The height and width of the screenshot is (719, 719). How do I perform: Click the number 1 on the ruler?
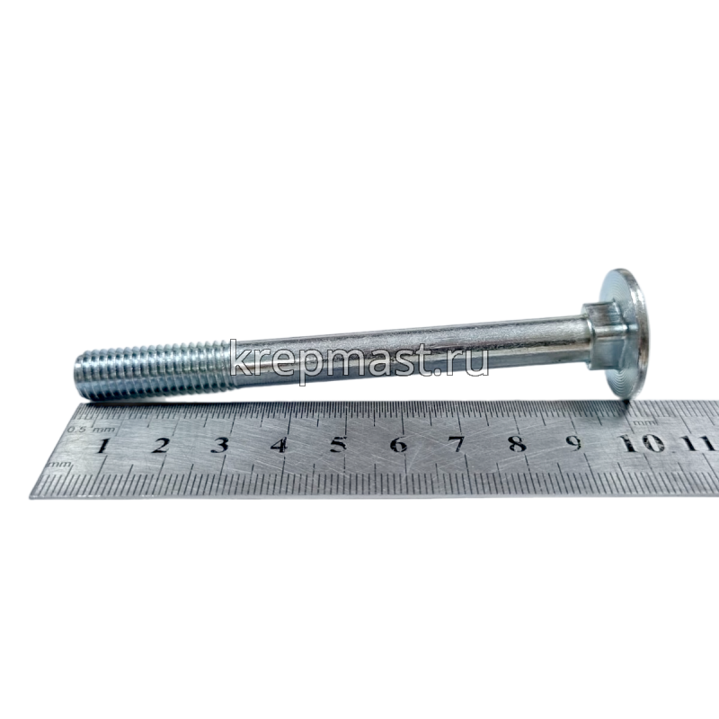click(x=103, y=445)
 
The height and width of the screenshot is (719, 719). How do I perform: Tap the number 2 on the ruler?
click(x=160, y=445)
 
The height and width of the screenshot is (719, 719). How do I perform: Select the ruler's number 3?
click(x=219, y=445)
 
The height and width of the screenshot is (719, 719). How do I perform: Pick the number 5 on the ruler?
click(x=339, y=445)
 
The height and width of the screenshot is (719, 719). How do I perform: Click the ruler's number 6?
click(x=398, y=444)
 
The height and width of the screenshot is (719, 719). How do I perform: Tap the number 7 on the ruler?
click(x=457, y=444)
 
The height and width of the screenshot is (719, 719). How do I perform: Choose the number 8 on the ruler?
click(x=518, y=444)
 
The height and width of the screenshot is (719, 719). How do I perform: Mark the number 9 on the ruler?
click(x=573, y=443)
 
